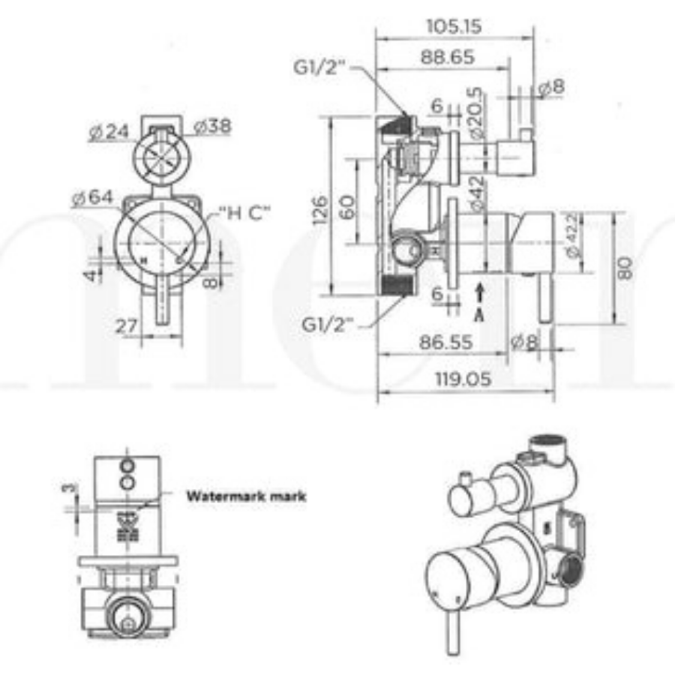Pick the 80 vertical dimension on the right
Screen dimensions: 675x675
pyautogui.click(x=626, y=268)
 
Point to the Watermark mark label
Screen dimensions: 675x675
pyautogui.click(x=246, y=496)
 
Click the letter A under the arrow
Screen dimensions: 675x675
pyautogui.click(x=480, y=315)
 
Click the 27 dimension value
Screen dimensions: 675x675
pyautogui.click(x=127, y=326)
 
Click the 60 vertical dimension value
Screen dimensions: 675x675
pyautogui.click(x=347, y=208)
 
